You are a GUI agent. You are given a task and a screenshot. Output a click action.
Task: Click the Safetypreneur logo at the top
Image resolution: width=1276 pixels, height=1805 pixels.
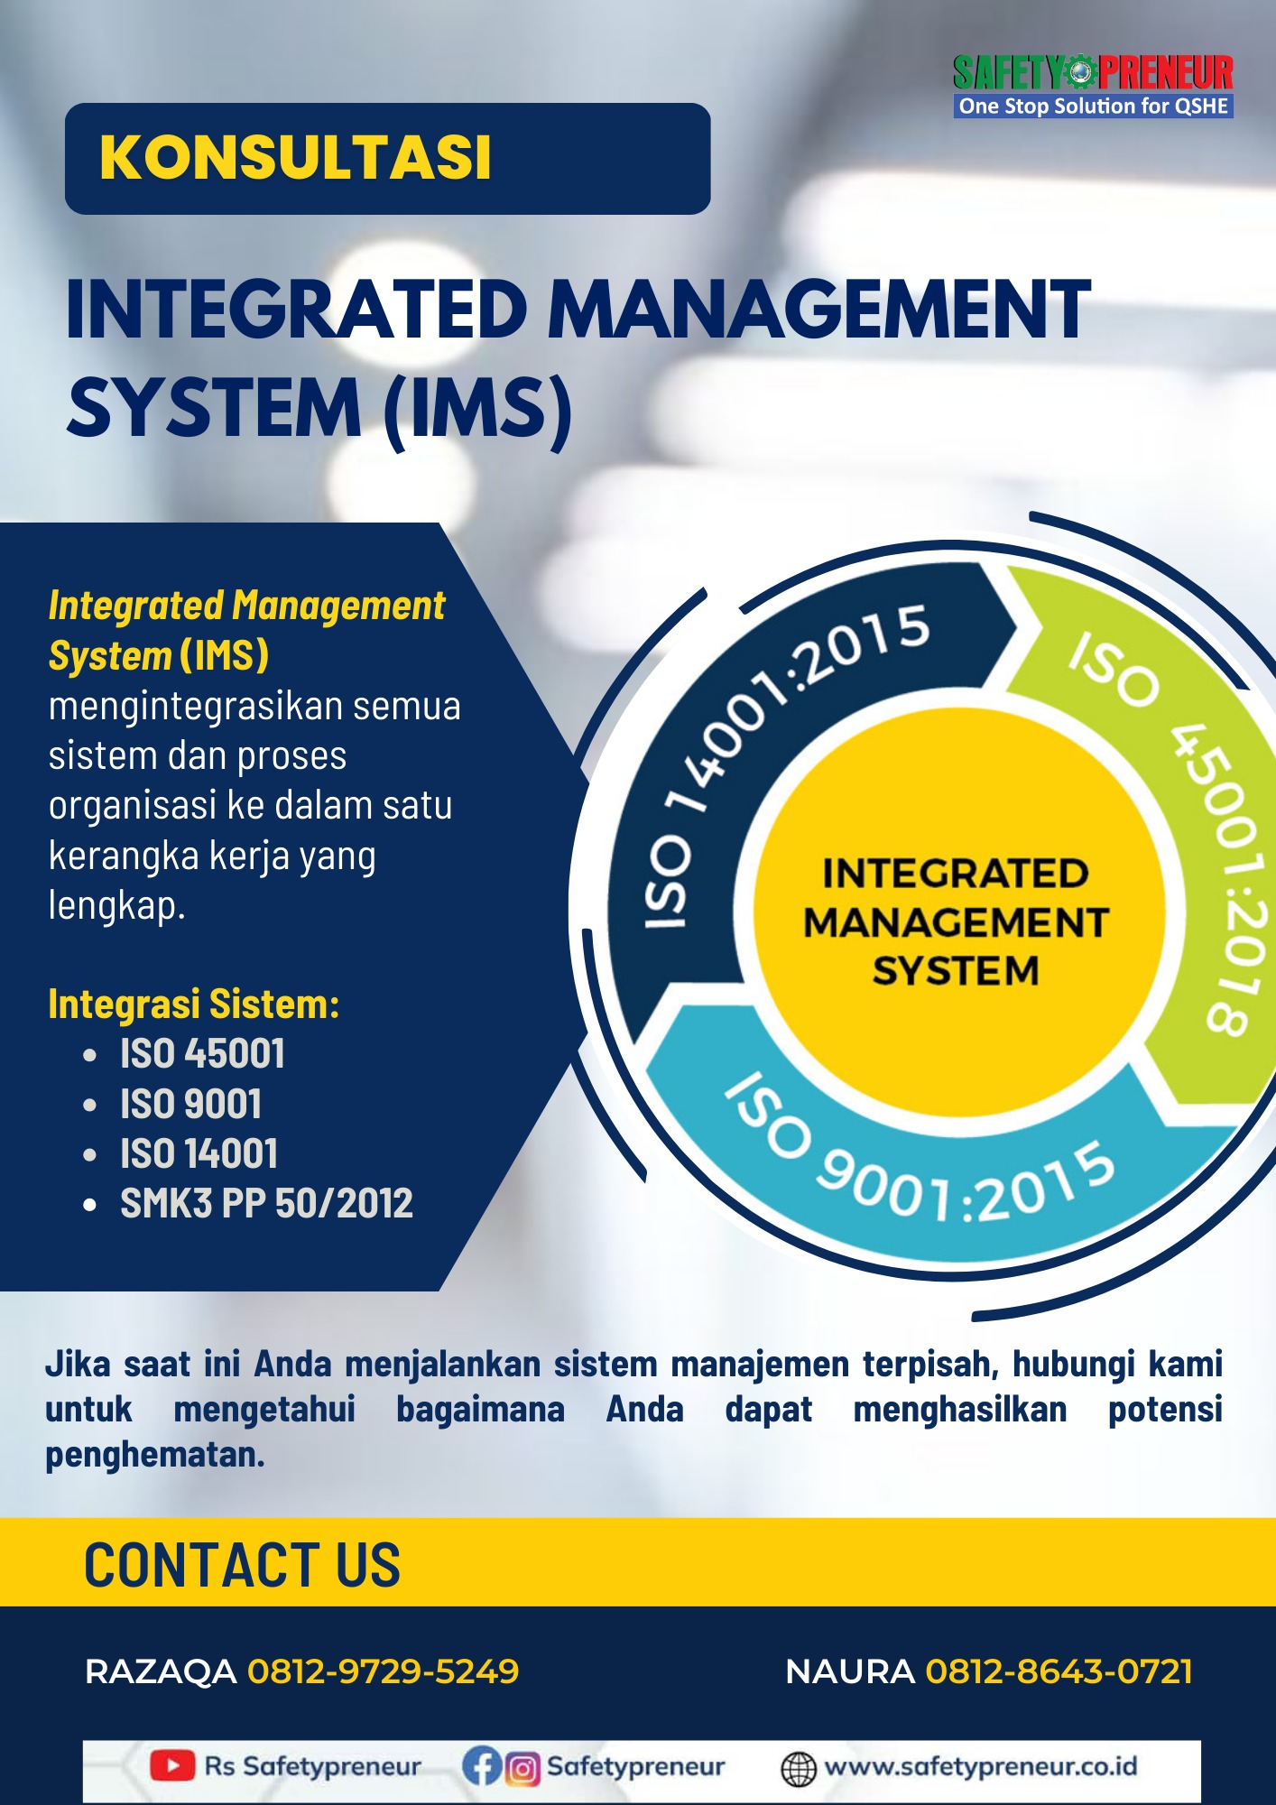click(1093, 86)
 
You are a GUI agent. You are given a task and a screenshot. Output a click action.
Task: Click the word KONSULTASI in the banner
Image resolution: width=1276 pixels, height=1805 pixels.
click(295, 158)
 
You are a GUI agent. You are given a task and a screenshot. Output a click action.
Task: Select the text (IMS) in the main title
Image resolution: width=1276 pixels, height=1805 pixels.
click(477, 410)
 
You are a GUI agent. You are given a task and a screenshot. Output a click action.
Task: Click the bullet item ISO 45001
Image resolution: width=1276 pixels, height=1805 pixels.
click(202, 1053)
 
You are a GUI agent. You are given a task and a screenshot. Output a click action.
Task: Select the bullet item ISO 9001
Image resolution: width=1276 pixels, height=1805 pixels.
click(190, 1104)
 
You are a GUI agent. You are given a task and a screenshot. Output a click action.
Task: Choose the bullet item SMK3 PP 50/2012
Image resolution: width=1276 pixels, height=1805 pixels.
click(266, 1203)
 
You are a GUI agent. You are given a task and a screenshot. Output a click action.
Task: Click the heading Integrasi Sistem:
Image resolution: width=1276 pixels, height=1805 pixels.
click(194, 1004)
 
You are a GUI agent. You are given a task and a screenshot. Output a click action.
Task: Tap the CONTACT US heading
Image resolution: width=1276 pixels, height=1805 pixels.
click(242, 1564)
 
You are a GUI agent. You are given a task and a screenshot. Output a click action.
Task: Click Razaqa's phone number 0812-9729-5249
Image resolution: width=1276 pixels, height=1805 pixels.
click(384, 1671)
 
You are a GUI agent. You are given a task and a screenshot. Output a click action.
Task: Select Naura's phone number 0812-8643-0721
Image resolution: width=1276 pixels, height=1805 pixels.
click(1059, 1671)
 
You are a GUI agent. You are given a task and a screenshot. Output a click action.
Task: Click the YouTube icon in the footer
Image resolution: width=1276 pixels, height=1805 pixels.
click(172, 1765)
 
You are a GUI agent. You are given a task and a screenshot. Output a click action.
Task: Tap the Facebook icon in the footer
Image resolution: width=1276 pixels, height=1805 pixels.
click(481, 1766)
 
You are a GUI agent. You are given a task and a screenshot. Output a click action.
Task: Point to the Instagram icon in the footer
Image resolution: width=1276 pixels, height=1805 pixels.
click(522, 1768)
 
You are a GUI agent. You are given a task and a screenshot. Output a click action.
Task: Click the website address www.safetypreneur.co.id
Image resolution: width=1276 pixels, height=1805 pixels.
click(981, 1766)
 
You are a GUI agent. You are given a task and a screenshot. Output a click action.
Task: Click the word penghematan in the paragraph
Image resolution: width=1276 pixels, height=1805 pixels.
click(155, 1455)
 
